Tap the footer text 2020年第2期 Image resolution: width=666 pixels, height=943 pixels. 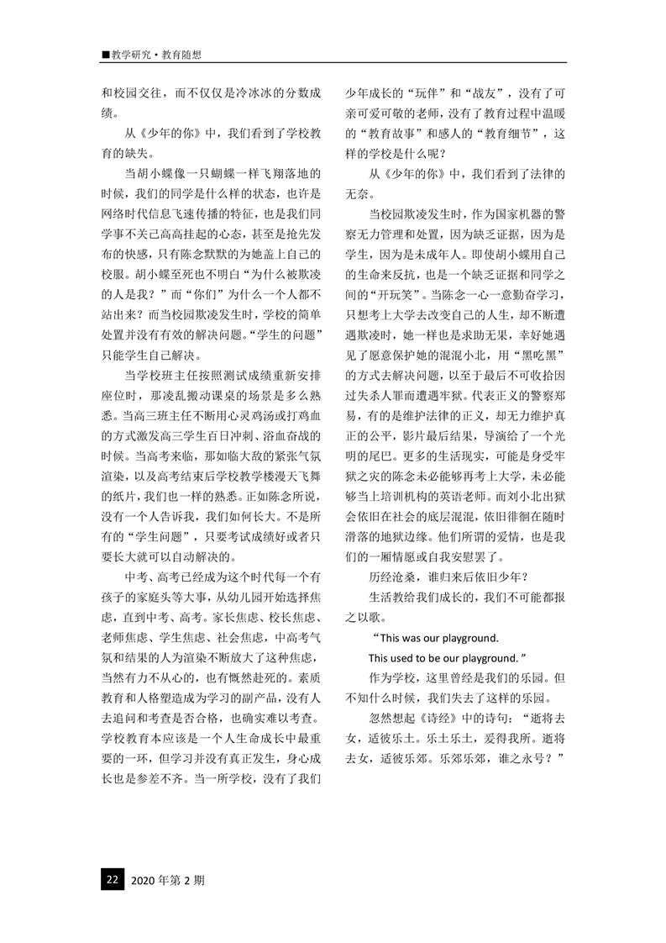(167, 880)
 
